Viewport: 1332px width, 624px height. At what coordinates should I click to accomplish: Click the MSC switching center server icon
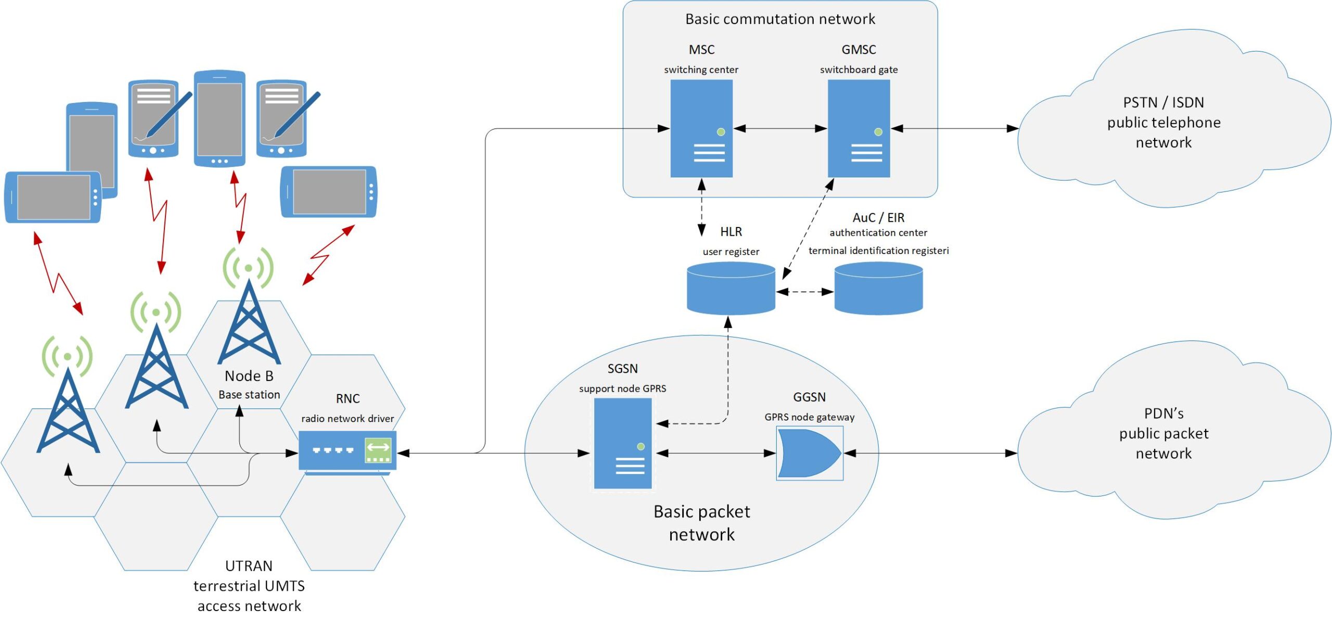click(701, 128)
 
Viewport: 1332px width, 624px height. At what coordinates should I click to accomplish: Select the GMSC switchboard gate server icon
click(859, 128)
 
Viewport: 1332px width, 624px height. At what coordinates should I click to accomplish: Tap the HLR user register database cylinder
click(731, 289)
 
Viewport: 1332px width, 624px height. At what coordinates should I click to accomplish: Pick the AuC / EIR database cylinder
click(878, 289)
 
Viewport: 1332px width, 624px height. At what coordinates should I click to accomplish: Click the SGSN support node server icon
click(622, 443)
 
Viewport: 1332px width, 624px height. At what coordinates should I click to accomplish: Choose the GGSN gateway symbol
click(809, 453)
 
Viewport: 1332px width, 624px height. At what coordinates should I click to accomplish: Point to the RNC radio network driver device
click(347, 451)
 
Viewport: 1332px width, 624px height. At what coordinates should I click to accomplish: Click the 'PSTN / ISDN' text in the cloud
click(1163, 103)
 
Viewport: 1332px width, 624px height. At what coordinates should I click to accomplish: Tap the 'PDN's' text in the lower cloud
click(1163, 414)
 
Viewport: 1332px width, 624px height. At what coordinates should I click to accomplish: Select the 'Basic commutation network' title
click(779, 19)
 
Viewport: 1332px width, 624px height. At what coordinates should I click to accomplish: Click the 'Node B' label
click(249, 376)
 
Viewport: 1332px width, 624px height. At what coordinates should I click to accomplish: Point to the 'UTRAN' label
click(249, 566)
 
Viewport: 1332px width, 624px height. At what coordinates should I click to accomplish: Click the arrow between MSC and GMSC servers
click(780, 129)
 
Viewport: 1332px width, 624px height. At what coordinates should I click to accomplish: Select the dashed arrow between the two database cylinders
click(804, 292)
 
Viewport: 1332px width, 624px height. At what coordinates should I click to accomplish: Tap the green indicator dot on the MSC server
click(721, 132)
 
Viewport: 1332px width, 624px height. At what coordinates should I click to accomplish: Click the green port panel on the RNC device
click(378, 451)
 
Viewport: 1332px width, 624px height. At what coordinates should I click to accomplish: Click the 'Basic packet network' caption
click(701, 523)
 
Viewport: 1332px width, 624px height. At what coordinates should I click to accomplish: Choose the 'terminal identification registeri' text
click(878, 251)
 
